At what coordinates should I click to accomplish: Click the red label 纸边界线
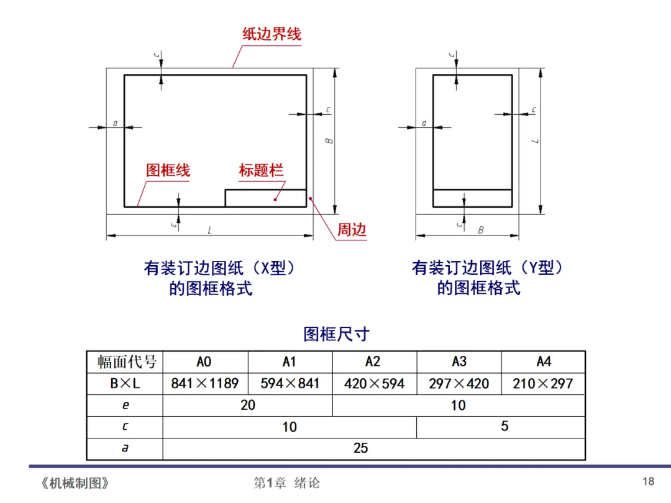click(x=272, y=34)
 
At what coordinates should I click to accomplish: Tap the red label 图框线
click(x=168, y=170)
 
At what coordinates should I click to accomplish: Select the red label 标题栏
click(x=261, y=170)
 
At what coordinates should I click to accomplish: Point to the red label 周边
click(x=352, y=230)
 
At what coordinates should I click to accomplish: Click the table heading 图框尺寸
click(x=336, y=334)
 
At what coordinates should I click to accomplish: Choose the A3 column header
click(x=459, y=362)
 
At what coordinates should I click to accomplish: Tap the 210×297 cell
click(x=542, y=384)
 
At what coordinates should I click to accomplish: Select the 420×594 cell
click(x=374, y=384)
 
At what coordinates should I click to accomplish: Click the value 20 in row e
click(x=247, y=406)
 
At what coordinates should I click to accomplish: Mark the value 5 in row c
click(x=504, y=427)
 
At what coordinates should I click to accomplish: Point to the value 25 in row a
click(x=360, y=448)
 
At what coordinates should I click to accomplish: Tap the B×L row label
click(x=125, y=384)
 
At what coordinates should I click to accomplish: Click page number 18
click(x=648, y=481)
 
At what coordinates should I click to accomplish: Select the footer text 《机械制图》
click(x=75, y=483)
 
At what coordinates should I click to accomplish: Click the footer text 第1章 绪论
click(x=286, y=483)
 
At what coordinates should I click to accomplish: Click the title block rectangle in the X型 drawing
click(x=265, y=198)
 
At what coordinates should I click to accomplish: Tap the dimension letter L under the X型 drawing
click(x=210, y=230)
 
